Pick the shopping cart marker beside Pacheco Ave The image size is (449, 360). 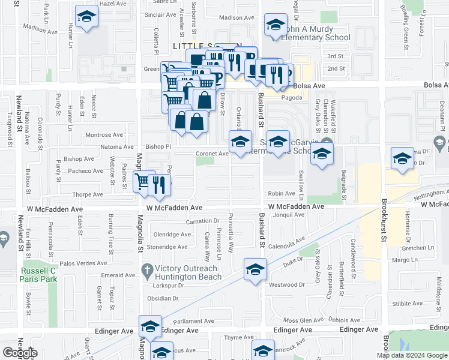(x=143, y=181)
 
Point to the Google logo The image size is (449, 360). (x=20, y=353)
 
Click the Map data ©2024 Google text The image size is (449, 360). (x=412, y=355)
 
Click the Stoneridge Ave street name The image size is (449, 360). (x=163, y=247)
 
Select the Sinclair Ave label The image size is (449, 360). (x=160, y=14)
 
